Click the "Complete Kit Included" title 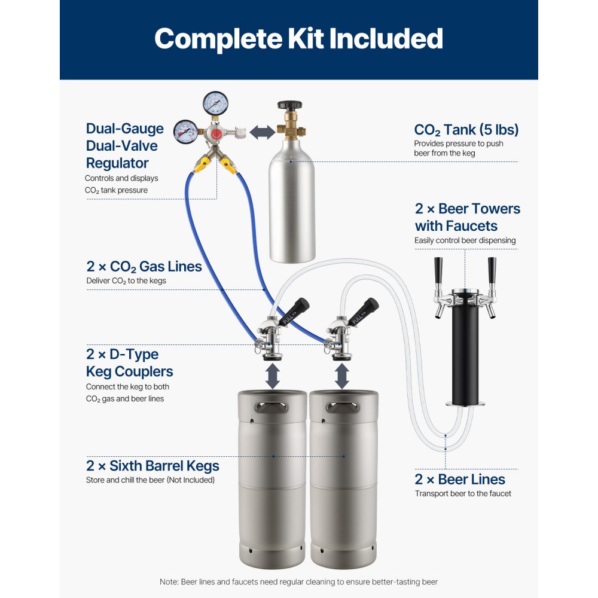[x=298, y=39]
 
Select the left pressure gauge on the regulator [x=187, y=131]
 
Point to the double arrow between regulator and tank [x=262, y=132]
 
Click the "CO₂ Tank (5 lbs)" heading [x=466, y=130]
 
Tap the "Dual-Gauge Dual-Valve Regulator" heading [x=125, y=146]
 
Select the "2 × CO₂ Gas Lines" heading [x=144, y=266]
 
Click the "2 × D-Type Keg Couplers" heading [x=129, y=362]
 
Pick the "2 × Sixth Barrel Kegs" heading [x=152, y=465]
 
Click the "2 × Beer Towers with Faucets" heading [x=468, y=217]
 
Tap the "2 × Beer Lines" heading [x=460, y=479]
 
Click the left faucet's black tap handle [x=438, y=270]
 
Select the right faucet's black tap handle [x=492, y=270]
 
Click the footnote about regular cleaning [x=298, y=582]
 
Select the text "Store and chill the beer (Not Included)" [x=150, y=480]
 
